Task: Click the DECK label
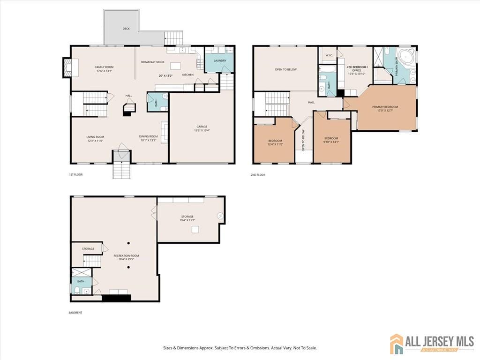[126, 29]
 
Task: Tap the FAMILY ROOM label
[105, 67]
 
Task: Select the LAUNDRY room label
[220, 60]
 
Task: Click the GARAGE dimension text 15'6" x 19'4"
[202, 131]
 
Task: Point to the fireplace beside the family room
[67, 67]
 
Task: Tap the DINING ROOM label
[149, 136]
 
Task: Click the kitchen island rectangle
[176, 66]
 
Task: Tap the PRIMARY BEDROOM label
[385, 107]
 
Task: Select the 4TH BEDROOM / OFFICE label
[357, 67]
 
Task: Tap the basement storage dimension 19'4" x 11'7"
[187, 220]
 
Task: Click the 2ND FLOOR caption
[258, 175]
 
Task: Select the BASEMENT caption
[75, 313]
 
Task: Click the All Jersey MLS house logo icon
[397, 343]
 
